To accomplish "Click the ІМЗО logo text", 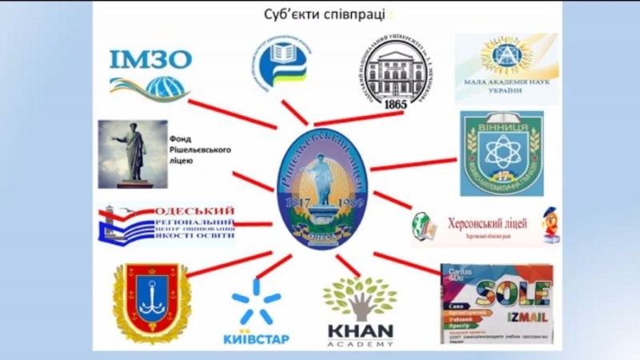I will coord(151,61).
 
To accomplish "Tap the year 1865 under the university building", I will coord(395,105).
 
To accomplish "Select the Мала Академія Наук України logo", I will coord(506,68).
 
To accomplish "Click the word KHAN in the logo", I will coord(360,330).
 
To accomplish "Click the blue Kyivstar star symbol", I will coord(256,302).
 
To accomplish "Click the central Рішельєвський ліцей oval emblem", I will coord(318,191).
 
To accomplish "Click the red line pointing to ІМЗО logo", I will coord(232,114).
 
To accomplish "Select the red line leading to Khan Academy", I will coord(348,265).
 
